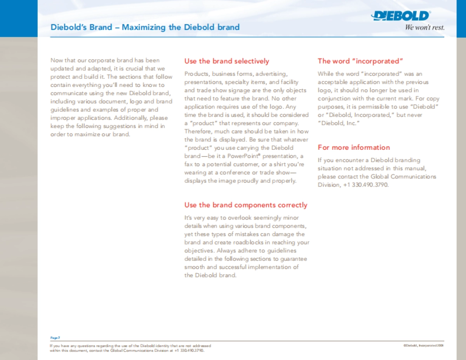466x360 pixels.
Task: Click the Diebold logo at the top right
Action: click(401, 16)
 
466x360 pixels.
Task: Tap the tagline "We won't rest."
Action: click(424, 28)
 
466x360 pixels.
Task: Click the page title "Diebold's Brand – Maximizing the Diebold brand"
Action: click(145, 27)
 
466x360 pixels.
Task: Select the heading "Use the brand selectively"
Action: click(226, 61)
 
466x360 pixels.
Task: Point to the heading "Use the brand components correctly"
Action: click(245, 205)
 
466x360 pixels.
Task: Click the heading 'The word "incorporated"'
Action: click(360, 61)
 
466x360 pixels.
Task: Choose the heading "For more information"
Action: click(354, 147)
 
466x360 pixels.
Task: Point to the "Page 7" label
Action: click(55, 338)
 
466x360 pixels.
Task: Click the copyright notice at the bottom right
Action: click(423, 345)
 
